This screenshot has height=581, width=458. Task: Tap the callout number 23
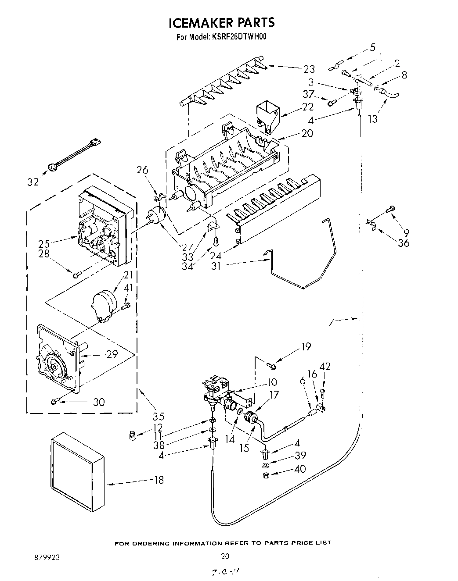(x=309, y=68)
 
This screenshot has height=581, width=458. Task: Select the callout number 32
(x=33, y=182)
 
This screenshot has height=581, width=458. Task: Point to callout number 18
(x=159, y=480)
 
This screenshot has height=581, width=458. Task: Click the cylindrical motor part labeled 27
(x=156, y=216)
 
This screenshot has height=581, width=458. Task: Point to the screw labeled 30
(x=54, y=401)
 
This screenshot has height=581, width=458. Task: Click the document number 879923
(x=47, y=557)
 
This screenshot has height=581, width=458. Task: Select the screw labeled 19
(x=271, y=364)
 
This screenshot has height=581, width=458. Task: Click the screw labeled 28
(x=76, y=274)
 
